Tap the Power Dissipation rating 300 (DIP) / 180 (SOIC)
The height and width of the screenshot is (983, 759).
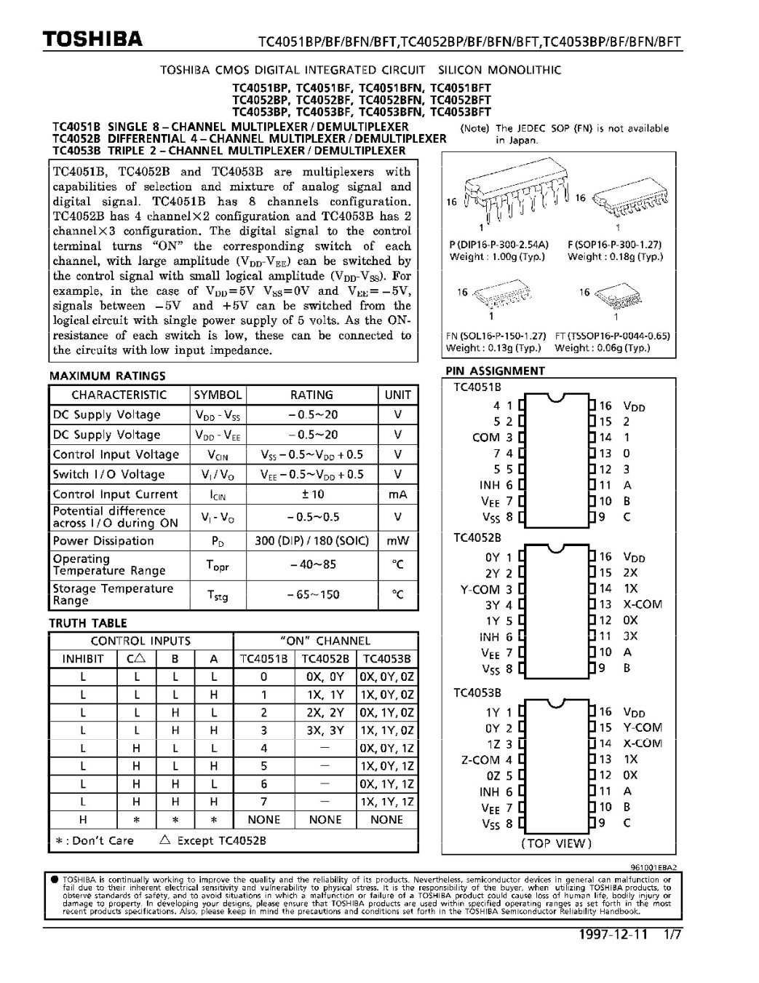[311, 541]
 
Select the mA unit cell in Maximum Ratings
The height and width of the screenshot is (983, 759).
[398, 494]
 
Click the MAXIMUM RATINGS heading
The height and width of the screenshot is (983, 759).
[107, 376]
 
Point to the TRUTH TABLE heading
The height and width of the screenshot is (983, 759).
[87, 623]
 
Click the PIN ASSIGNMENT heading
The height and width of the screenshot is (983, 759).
[495, 371]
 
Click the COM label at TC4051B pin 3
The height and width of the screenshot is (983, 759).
[486, 438]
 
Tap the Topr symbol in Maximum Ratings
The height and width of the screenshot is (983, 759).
[218, 565]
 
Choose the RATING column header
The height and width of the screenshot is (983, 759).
[311, 395]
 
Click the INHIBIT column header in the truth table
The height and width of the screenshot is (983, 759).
[83, 659]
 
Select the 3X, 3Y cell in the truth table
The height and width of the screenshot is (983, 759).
[325, 730]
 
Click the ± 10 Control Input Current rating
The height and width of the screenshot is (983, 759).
[311, 494]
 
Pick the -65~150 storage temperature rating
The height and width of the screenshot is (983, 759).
[311, 594]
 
